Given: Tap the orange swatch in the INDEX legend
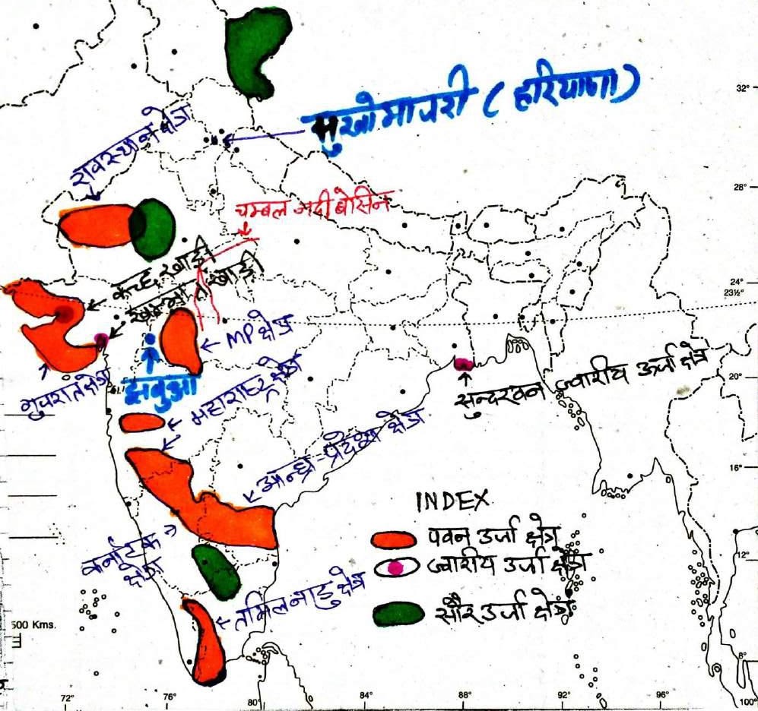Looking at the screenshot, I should tap(394, 539).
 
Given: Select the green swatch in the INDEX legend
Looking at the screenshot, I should tap(398, 614).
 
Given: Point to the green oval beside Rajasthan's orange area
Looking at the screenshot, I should tap(151, 227).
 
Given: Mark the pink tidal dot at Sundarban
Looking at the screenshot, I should tap(463, 364).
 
